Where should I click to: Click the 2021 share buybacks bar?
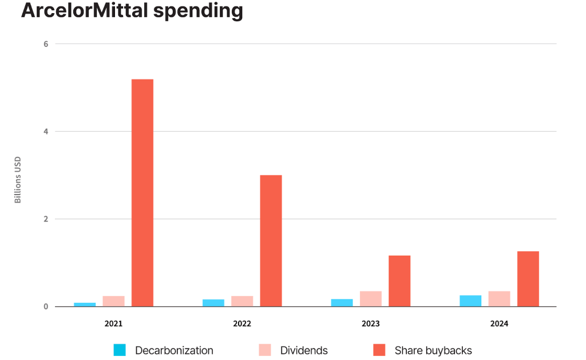[x=142, y=192]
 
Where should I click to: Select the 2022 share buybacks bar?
[x=271, y=240]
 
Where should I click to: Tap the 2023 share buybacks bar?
[x=399, y=280]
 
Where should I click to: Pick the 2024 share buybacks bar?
[x=528, y=279]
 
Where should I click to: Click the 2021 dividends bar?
[x=113, y=301]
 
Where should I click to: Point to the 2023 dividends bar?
[x=370, y=299]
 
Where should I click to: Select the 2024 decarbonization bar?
[x=470, y=300]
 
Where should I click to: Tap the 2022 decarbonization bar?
[x=213, y=303]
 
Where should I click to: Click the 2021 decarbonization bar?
[x=85, y=304]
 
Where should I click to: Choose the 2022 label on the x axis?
[x=242, y=323]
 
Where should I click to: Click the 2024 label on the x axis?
[x=499, y=323]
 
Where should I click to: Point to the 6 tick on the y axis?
[x=46, y=44]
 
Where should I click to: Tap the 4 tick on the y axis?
[x=46, y=132]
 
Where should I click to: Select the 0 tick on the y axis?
[x=46, y=307]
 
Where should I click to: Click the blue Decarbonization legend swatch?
[x=120, y=350]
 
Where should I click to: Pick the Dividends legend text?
[x=304, y=350]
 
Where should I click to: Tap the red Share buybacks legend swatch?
[x=379, y=350]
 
